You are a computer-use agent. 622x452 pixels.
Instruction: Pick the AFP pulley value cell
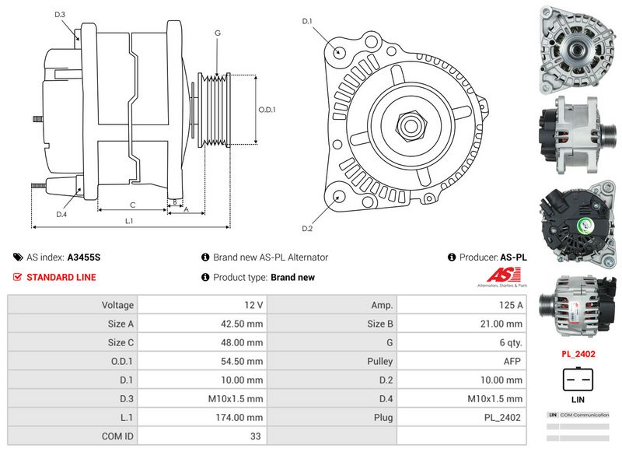512,362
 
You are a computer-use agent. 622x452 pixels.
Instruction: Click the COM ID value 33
255,436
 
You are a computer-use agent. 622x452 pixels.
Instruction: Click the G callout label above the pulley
218,33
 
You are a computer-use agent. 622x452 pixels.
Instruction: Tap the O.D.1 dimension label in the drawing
267,110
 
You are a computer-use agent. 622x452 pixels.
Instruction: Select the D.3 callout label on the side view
60,15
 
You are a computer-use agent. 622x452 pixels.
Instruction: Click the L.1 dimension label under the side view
130,221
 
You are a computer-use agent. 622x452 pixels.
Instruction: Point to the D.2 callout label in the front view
306,228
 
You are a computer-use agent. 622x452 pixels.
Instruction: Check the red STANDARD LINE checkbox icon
17,277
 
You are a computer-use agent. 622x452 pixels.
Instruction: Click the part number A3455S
83,258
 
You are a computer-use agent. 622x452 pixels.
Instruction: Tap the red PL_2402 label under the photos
578,354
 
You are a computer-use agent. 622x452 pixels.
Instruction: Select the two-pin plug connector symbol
578,379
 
